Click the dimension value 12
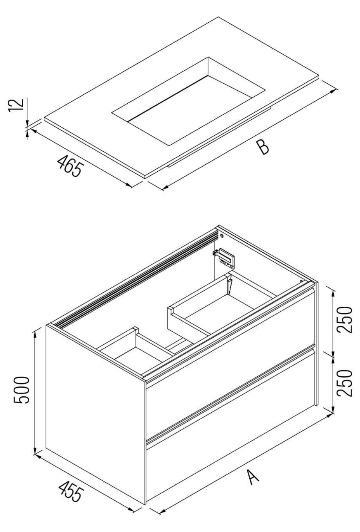(x=16, y=105)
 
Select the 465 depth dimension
(x=70, y=166)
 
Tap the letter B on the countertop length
(x=262, y=148)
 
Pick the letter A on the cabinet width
(x=252, y=477)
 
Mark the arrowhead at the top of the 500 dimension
(x=35, y=332)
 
